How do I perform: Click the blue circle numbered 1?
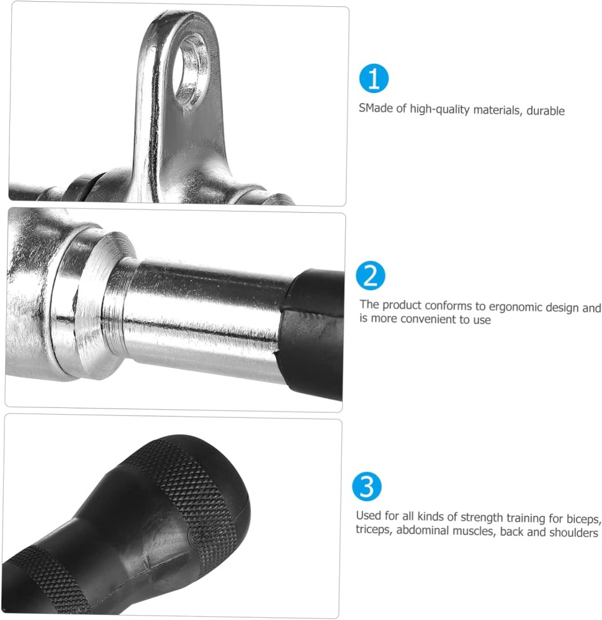(x=374, y=78)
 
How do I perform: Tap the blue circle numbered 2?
(x=371, y=276)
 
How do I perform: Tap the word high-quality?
(x=439, y=109)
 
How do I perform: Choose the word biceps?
(x=584, y=519)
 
